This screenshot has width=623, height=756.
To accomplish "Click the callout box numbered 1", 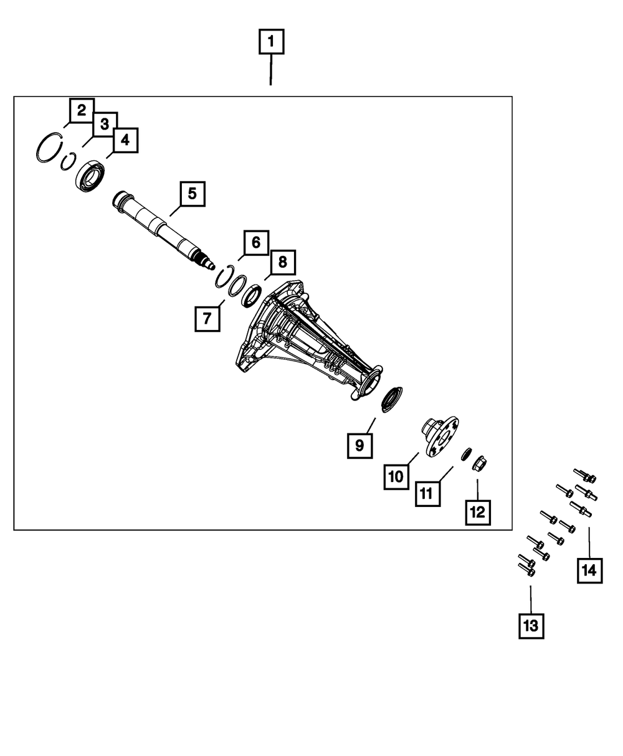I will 270,43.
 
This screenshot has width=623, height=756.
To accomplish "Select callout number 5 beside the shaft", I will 192,194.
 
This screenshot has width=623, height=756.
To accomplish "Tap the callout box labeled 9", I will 359,445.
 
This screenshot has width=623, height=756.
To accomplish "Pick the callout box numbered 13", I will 531,625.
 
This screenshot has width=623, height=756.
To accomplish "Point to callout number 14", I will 589,569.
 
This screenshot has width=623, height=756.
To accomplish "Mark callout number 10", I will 397,477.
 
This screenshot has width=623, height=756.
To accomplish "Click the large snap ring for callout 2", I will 49,148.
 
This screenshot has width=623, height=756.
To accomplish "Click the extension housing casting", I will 305,343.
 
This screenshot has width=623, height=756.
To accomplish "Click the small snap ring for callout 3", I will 68,161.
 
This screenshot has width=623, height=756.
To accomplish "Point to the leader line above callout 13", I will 531,598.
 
